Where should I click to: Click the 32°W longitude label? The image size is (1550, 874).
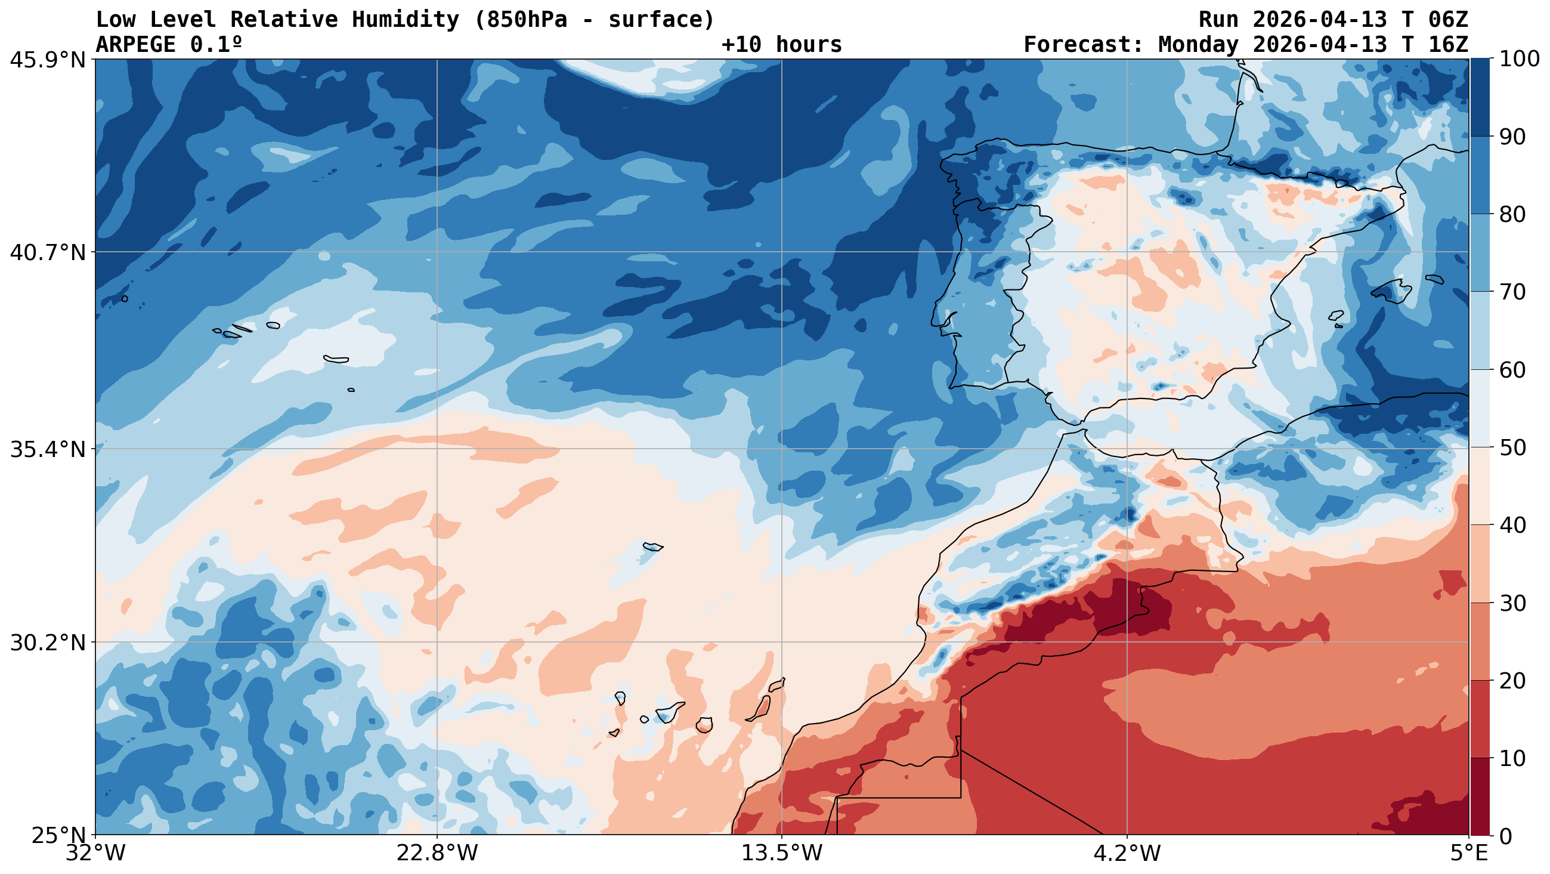pyautogui.click(x=95, y=854)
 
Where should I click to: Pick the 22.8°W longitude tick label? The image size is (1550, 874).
pyautogui.click(x=437, y=854)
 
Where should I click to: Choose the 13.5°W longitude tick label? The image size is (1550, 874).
pyautogui.click(x=782, y=854)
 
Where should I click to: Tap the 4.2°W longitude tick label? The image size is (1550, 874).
pyautogui.click(x=1127, y=854)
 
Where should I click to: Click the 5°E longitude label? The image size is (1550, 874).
pyautogui.click(x=1469, y=854)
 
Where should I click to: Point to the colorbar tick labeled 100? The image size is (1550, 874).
pyautogui.click(x=1520, y=59)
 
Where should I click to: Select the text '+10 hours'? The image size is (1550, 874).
pyautogui.click(x=782, y=45)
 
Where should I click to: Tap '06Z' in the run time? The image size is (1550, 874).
pyautogui.click(x=1448, y=20)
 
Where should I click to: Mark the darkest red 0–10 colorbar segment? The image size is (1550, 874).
pyautogui.click(x=1480, y=797)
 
